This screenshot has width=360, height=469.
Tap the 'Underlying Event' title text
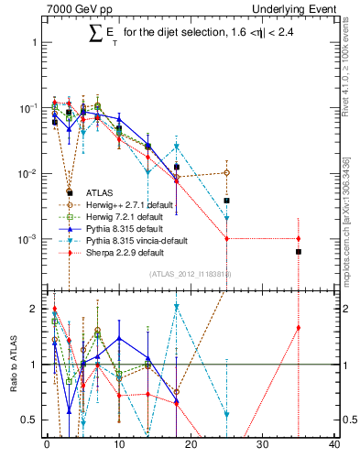(x=297, y=8)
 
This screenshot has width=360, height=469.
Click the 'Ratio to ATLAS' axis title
(x=11, y=364)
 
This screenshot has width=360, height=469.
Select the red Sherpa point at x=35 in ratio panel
(x=299, y=328)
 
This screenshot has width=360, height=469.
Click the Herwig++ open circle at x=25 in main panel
(x=226, y=172)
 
